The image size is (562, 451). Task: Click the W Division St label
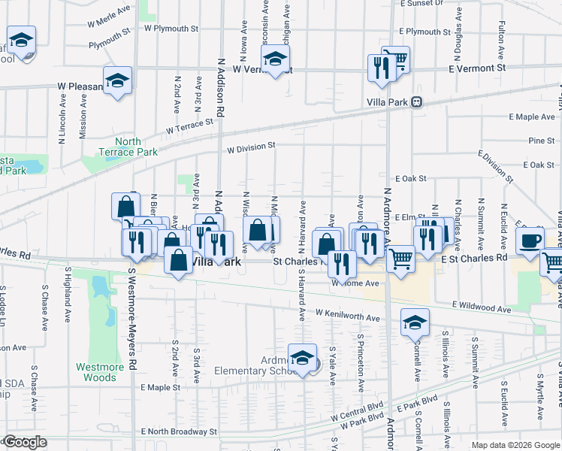click(253, 147)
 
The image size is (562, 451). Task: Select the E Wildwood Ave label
click(481, 308)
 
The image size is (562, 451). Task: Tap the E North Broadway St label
click(179, 432)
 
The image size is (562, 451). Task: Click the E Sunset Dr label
click(421, 4)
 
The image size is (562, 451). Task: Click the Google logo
click(26, 442)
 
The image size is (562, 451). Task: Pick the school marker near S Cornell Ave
click(415, 322)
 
